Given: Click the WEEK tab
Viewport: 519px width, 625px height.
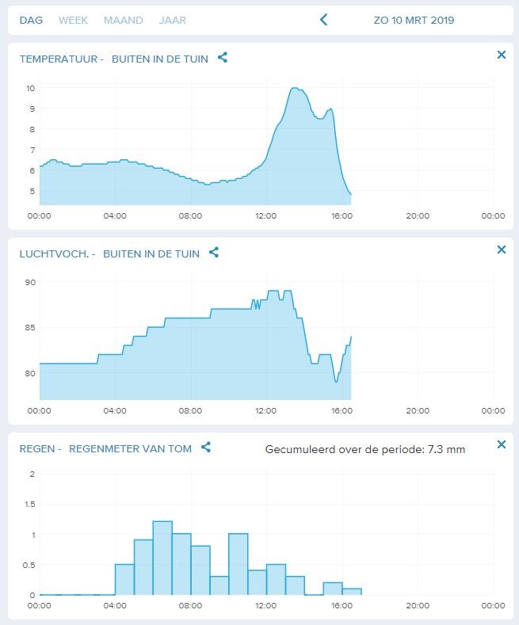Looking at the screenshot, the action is click(x=73, y=21).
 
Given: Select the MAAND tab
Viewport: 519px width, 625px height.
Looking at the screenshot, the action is click(x=123, y=21).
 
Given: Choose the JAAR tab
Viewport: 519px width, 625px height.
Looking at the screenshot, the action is click(x=172, y=21).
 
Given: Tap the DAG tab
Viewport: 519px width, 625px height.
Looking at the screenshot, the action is click(x=31, y=21).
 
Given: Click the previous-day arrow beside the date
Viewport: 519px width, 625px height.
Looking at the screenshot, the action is click(x=323, y=20).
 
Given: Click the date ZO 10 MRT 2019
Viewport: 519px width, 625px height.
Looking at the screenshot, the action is click(x=414, y=21).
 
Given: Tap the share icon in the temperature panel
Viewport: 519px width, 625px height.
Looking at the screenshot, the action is click(x=223, y=58).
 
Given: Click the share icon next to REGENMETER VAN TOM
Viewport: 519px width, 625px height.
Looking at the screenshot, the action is click(x=206, y=448).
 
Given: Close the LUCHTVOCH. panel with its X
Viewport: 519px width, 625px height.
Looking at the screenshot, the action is click(x=502, y=250).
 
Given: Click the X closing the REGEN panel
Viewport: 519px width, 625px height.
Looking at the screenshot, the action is click(x=502, y=444).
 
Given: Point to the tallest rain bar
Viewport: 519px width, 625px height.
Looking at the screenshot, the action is click(x=162, y=558).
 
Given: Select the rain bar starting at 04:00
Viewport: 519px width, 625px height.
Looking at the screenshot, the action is click(x=124, y=580).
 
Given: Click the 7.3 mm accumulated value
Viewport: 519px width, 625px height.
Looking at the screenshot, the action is click(x=446, y=450).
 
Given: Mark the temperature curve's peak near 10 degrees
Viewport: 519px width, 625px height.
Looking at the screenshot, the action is click(x=294, y=88).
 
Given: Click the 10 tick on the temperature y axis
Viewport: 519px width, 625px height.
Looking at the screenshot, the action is click(x=31, y=88).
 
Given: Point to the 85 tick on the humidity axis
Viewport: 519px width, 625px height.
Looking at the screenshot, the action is click(x=30, y=328).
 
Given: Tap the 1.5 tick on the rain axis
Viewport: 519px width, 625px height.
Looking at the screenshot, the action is click(x=30, y=505).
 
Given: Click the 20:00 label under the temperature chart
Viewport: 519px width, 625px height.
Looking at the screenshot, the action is click(x=418, y=216).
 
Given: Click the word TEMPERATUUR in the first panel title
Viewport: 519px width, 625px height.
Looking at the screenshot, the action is click(x=59, y=59).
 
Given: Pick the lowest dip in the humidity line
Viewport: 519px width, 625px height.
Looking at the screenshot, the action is click(x=336, y=382).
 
